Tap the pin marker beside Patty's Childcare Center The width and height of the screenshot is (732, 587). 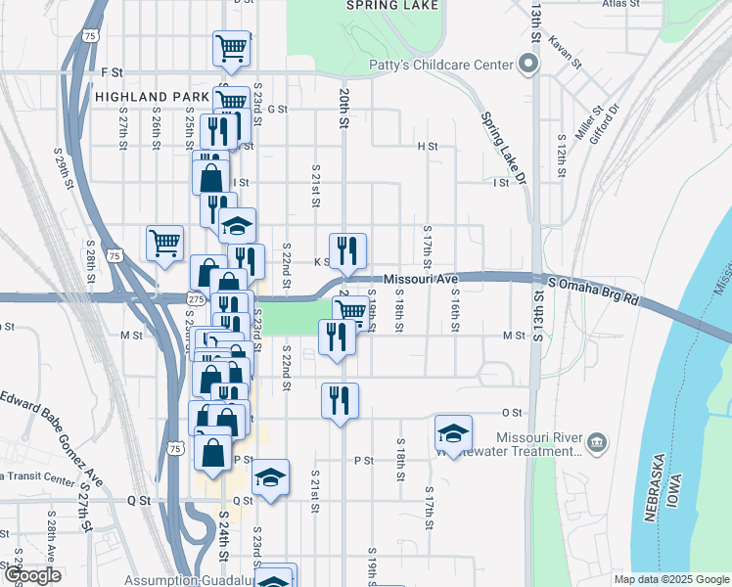click(x=528, y=66)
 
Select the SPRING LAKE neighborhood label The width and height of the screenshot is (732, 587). click(x=392, y=5)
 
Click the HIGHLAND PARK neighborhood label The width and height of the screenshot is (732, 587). click(x=152, y=97)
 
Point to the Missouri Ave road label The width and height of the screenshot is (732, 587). click(x=421, y=280)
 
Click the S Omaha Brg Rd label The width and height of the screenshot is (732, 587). click(x=593, y=291)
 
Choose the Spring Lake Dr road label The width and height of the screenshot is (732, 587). click(x=504, y=148)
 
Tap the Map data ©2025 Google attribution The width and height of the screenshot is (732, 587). click(x=670, y=579)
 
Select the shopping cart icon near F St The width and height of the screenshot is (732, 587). click(x=231, y=47)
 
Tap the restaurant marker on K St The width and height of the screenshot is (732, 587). click(x=347, y=250)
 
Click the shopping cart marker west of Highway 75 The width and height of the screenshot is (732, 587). click(x=164, y=242)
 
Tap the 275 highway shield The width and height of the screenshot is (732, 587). click(x=196, y=296)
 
